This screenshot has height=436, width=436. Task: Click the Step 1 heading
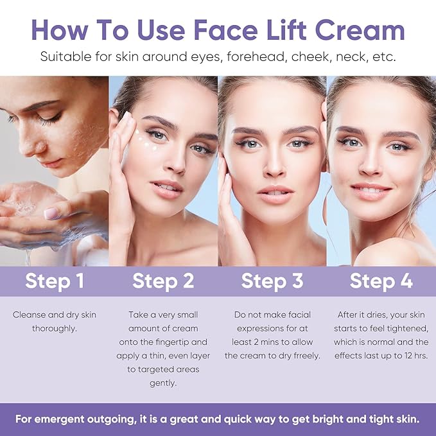pos(54,281)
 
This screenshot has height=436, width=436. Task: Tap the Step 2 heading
pos(163,281)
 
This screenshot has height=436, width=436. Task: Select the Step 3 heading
pos(272,281)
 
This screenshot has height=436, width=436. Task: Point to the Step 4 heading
pos(381,281)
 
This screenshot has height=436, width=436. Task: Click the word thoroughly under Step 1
pos(54,329)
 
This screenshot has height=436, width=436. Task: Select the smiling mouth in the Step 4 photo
pos(372,190)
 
